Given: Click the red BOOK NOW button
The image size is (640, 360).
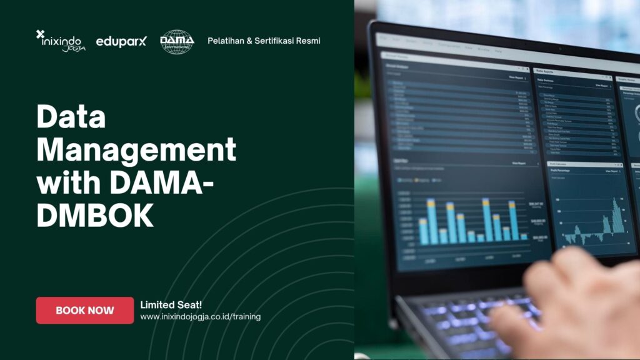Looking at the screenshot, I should coord(85,310).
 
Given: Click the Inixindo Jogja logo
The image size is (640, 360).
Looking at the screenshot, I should coord(61,41).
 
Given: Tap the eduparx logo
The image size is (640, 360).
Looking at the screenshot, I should coord(121,42).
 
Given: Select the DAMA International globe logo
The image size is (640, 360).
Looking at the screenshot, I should coord(177,42).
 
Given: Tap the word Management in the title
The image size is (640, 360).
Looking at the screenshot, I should coord(136,151).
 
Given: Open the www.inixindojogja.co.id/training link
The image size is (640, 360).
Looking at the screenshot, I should coord(200,317).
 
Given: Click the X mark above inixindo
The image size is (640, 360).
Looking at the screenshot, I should coord(41,34).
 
